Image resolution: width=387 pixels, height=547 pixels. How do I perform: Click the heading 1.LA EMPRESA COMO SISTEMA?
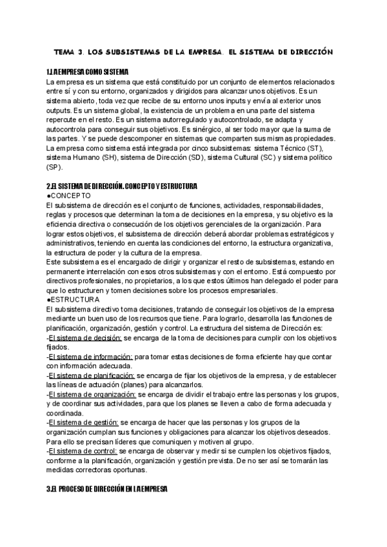(88, 71)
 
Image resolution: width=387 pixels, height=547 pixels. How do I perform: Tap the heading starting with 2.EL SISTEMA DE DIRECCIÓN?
(122, 186)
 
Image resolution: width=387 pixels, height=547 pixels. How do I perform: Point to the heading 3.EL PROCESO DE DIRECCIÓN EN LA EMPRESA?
(107, 490)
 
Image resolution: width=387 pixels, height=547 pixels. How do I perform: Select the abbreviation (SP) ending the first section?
(54, 167)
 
